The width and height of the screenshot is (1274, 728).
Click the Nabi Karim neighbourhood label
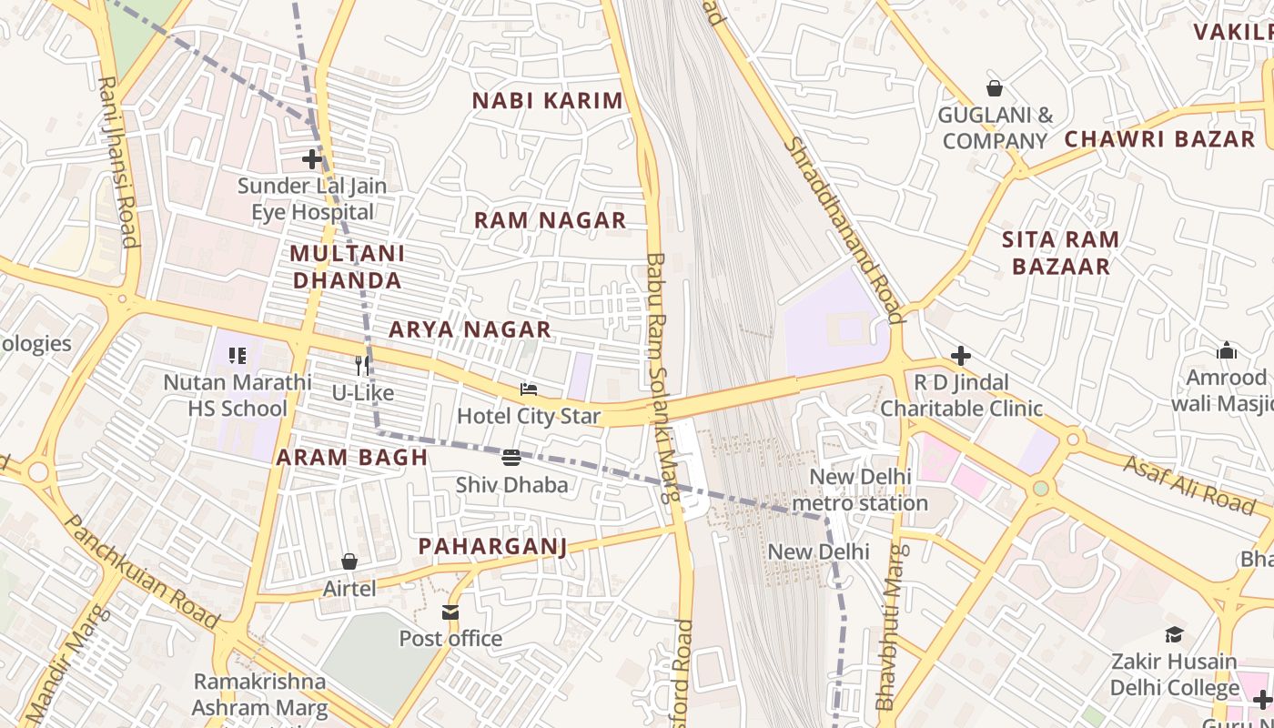click(548, 101)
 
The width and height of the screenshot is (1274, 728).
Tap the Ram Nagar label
click(550, 220)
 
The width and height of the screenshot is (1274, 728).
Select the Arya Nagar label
click(470, 329)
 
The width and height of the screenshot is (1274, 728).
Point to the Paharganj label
click(492, 546)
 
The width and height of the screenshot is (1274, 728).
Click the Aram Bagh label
click(351, 458)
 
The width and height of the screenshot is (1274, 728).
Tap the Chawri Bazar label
click(1159, 139)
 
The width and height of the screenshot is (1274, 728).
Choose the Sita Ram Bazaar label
click(1060, 253)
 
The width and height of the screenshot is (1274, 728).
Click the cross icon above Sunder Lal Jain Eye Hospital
click(312, 159)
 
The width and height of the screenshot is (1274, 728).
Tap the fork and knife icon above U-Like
click(363, 366)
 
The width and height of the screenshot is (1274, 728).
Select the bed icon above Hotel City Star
click(529, 389)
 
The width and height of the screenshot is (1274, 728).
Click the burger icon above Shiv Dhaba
click(511, 457)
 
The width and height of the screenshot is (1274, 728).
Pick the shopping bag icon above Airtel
click(349, 561)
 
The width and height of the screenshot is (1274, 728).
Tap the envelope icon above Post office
click(450, 612)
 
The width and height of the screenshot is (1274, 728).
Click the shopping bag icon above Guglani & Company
click(995, 88)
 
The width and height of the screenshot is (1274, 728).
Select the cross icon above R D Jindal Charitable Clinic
click(961, 355)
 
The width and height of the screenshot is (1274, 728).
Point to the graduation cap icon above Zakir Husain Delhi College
click(1174, 634)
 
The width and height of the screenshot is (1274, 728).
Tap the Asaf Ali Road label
click(1189, 482)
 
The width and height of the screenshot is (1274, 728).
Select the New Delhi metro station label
click(859, 490)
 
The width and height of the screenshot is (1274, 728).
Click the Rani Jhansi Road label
click(119, 161)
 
